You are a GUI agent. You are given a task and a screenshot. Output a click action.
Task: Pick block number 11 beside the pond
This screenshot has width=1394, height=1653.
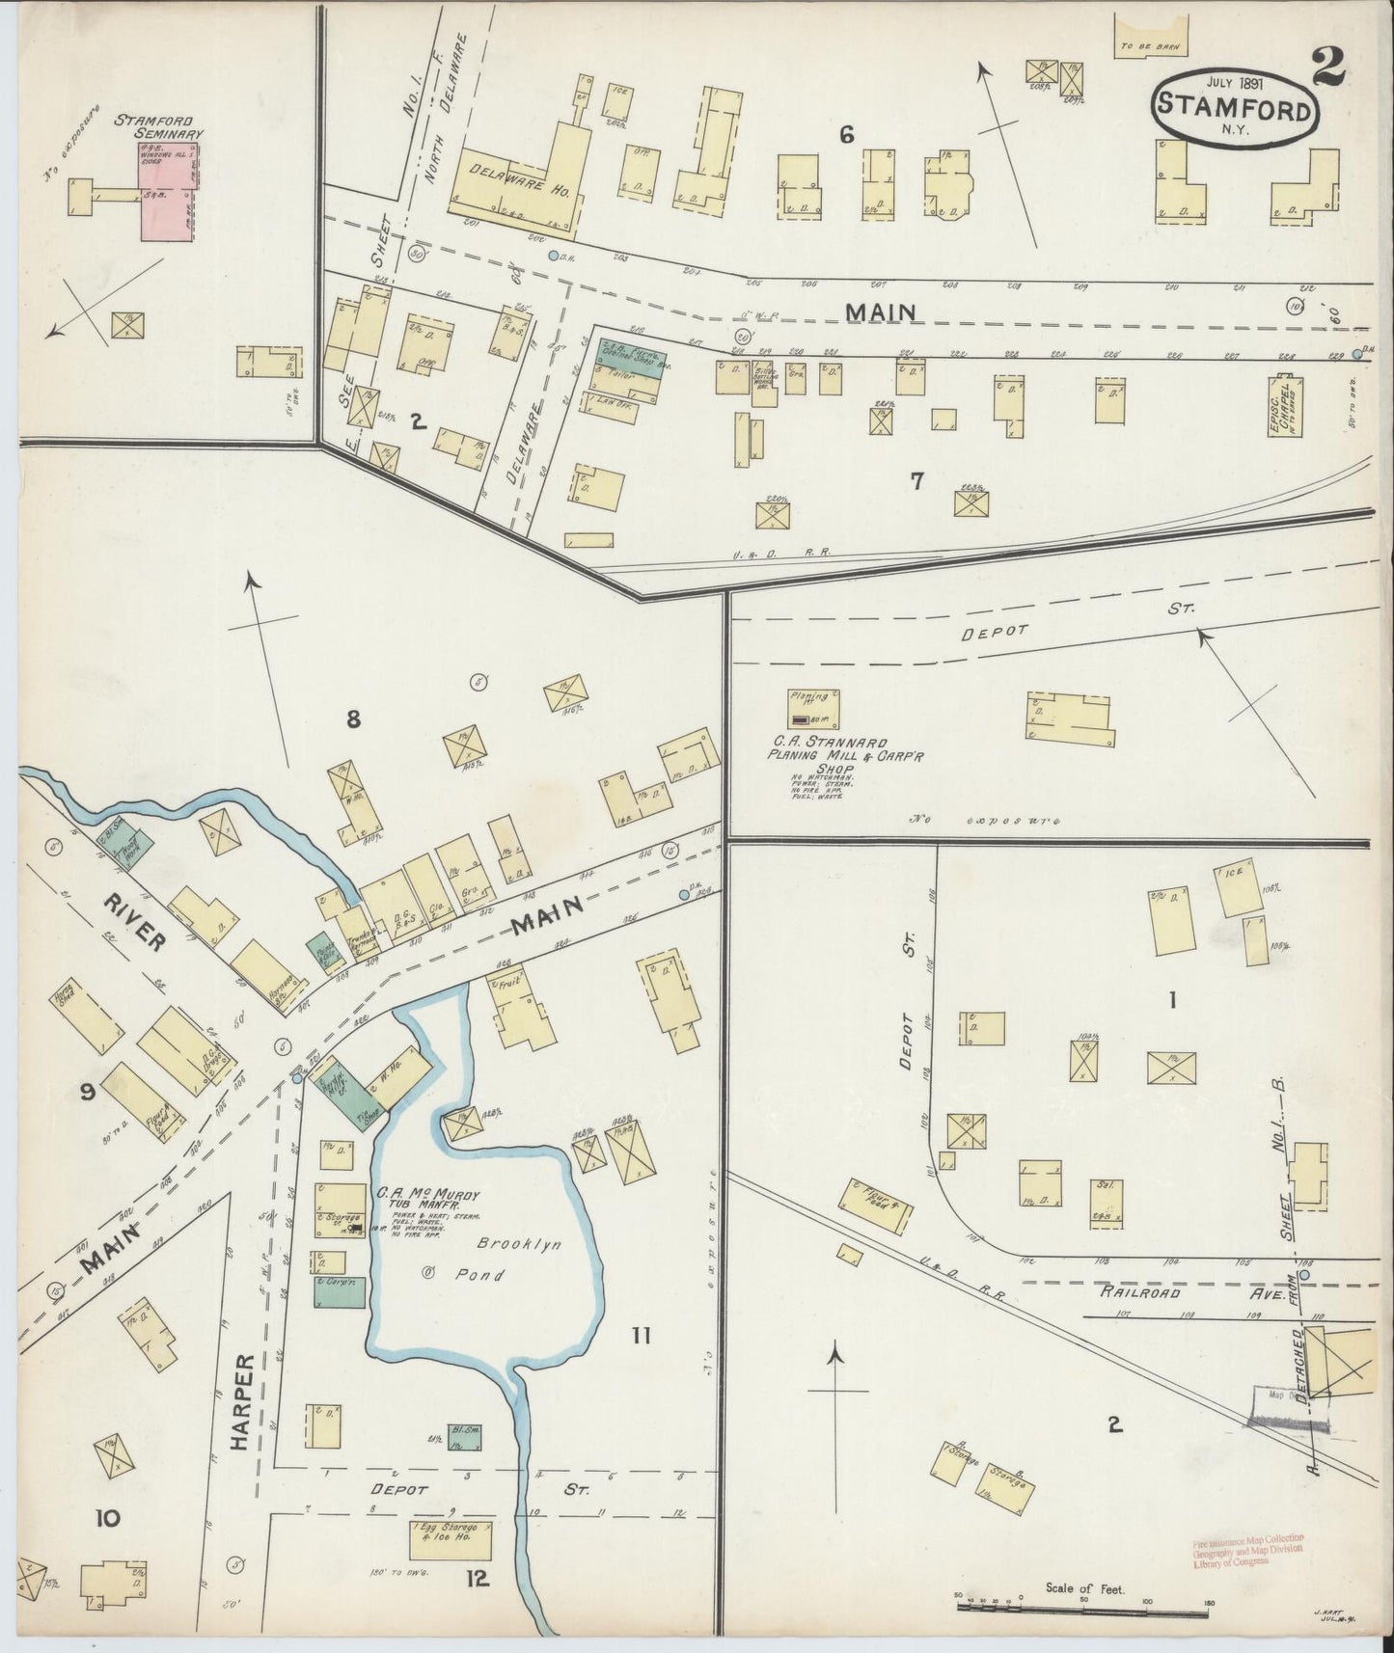[641, 1336]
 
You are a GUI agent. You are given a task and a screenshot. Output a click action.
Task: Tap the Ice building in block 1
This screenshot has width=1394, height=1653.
[1237, 890]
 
